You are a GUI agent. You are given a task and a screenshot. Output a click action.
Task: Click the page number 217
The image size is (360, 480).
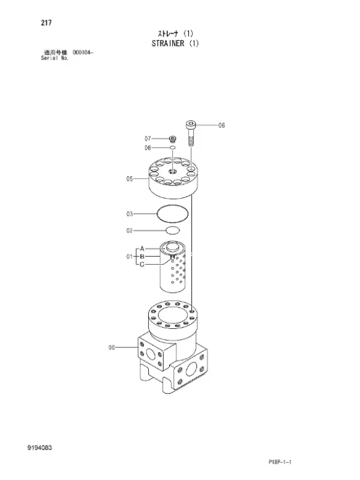click(46, 23)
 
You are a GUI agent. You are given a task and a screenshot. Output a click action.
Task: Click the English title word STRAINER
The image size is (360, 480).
click(168, 43)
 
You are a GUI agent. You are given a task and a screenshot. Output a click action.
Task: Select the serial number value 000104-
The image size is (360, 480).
click(83, 52)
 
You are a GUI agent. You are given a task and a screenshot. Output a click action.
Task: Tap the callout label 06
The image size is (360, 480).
click(221, 125)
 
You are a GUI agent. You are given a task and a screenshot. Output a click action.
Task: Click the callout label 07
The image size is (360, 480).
click(148, 139)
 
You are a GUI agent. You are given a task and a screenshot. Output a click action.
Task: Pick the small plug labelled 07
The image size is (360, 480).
click(173, 139)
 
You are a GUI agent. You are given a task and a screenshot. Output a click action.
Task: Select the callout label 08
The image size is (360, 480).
click(148, 148)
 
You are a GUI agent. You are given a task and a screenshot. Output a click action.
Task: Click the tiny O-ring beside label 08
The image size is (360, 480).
click(173, 148)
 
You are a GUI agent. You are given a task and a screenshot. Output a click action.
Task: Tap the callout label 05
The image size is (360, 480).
click(130, 178)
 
